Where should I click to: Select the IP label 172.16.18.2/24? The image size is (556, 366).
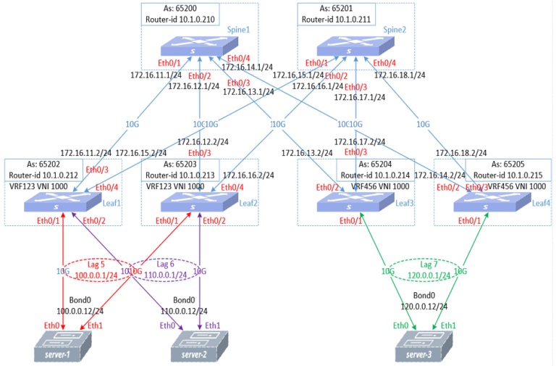coord(460,153)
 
